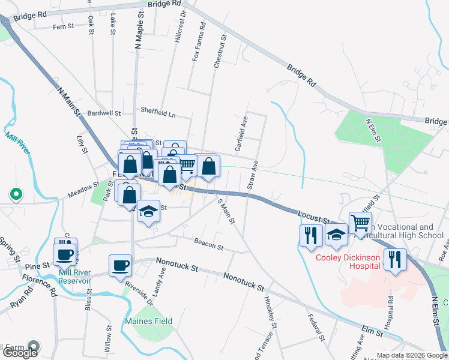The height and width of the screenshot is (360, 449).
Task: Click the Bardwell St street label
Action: click(x=104, y=113)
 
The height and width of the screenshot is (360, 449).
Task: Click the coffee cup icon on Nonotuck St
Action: click(x=121, y=265)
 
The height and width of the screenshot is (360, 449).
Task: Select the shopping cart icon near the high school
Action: click(x=360, y=223)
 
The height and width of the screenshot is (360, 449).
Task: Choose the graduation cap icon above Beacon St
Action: click(x=148, y=211)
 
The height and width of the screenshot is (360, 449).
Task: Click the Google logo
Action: click(x=19, y=352)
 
